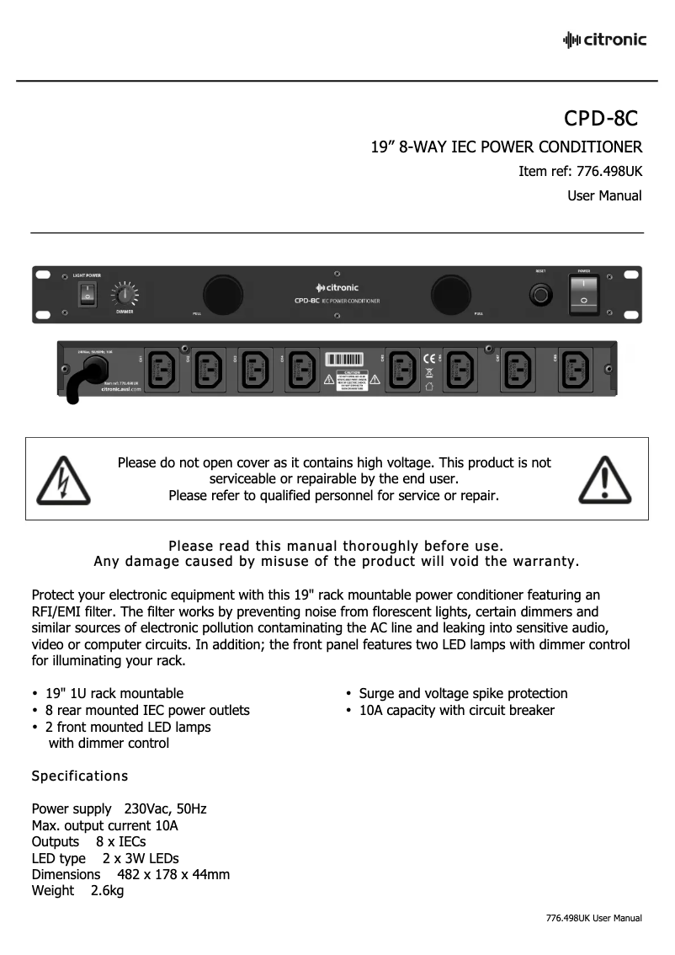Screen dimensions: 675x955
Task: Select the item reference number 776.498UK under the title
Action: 609,171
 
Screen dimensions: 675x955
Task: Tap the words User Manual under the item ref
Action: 604,195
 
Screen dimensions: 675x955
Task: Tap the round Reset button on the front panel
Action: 540,294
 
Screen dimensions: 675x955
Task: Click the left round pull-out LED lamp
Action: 221,294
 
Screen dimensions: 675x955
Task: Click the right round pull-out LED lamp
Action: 453,294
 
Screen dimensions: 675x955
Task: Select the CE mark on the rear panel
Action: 428,356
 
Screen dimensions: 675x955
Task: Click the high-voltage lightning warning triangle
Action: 61,478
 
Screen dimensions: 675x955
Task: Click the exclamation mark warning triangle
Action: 605,478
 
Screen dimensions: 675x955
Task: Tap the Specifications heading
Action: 79,775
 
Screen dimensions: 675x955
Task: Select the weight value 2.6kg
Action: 107,890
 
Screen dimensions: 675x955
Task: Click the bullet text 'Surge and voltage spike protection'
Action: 463,693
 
